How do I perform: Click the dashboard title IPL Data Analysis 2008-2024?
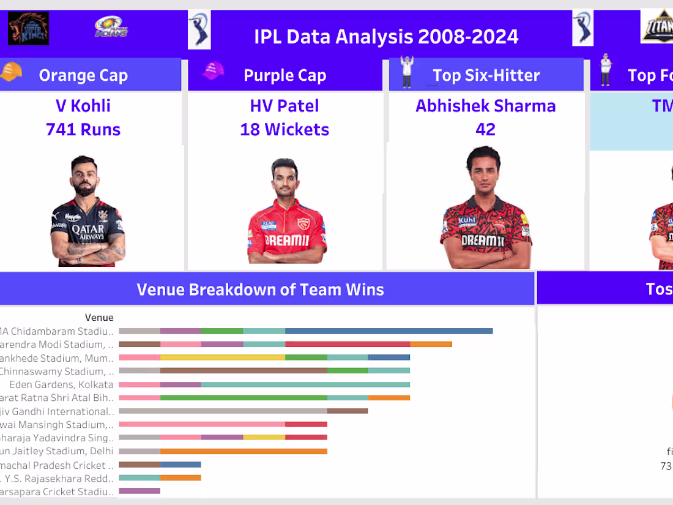(x=386, y=37)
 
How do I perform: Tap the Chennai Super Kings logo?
(x=28, y=29)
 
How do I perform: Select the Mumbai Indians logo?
(x=111, y=28)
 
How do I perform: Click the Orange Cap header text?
(x=83, y=75)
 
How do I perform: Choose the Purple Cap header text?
(x=284, y=75)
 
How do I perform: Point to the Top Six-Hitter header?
(x=486, y=75)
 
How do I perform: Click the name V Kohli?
(x=83, y=106)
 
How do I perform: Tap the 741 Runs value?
(x=83, y=130)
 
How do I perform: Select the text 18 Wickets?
(x=284, y=130)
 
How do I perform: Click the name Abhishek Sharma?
(x=486, y=106)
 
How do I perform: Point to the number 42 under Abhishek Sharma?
(x=486, y=130)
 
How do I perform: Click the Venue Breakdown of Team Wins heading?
(x=260, y=290)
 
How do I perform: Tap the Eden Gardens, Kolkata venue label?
(x=61, y=385)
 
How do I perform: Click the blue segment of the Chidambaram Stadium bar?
(x=389, y=331)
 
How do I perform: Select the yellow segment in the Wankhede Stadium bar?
(x=223, y=357)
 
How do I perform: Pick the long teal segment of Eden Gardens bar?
(x=305, y=384)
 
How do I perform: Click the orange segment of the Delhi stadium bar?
(x=244, y=451)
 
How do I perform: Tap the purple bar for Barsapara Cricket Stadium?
(x=139, y=491)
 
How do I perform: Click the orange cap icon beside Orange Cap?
(x=11, y=72)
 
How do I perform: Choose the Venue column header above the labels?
(x=99, y=317)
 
